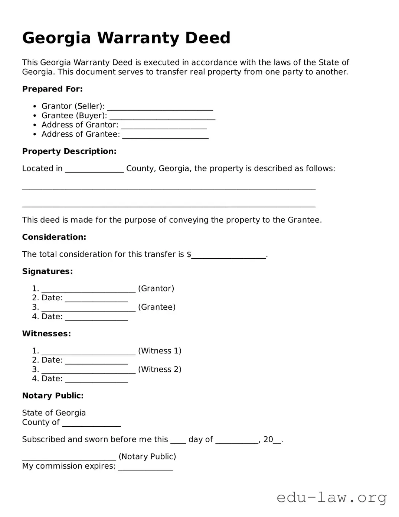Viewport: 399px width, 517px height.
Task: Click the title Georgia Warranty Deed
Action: coord(126,38)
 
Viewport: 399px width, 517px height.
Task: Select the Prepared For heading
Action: coord(52,89)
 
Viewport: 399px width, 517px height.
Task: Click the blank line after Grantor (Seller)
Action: coord(160,107)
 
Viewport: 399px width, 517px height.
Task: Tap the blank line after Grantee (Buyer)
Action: coord(162,116)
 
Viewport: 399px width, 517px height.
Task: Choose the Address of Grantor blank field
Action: coord(164,126)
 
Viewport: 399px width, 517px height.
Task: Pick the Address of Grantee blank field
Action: coord(165,135)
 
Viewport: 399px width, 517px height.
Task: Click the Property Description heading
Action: coord(69,151)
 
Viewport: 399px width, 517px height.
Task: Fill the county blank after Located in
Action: coord(94,169)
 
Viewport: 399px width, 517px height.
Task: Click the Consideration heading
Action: coord(54,237)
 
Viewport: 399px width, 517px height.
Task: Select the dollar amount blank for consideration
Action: coord(229,255)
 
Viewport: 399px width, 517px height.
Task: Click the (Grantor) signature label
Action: coord(156,289)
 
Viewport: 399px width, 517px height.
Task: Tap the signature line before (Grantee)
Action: coord(88,308)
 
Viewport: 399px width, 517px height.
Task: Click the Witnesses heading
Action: coord(46,334)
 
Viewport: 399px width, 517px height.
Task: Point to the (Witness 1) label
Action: coord(160,351)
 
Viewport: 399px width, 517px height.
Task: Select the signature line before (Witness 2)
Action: coord(88,370)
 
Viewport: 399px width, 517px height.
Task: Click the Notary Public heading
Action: coord(53,396)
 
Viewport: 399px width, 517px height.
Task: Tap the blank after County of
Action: coord(91,423)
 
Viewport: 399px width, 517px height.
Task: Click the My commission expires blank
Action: coord(145,467)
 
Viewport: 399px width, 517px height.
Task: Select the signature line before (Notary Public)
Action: coord(69,457)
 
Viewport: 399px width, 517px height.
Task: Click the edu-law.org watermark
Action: coord(331,497)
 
